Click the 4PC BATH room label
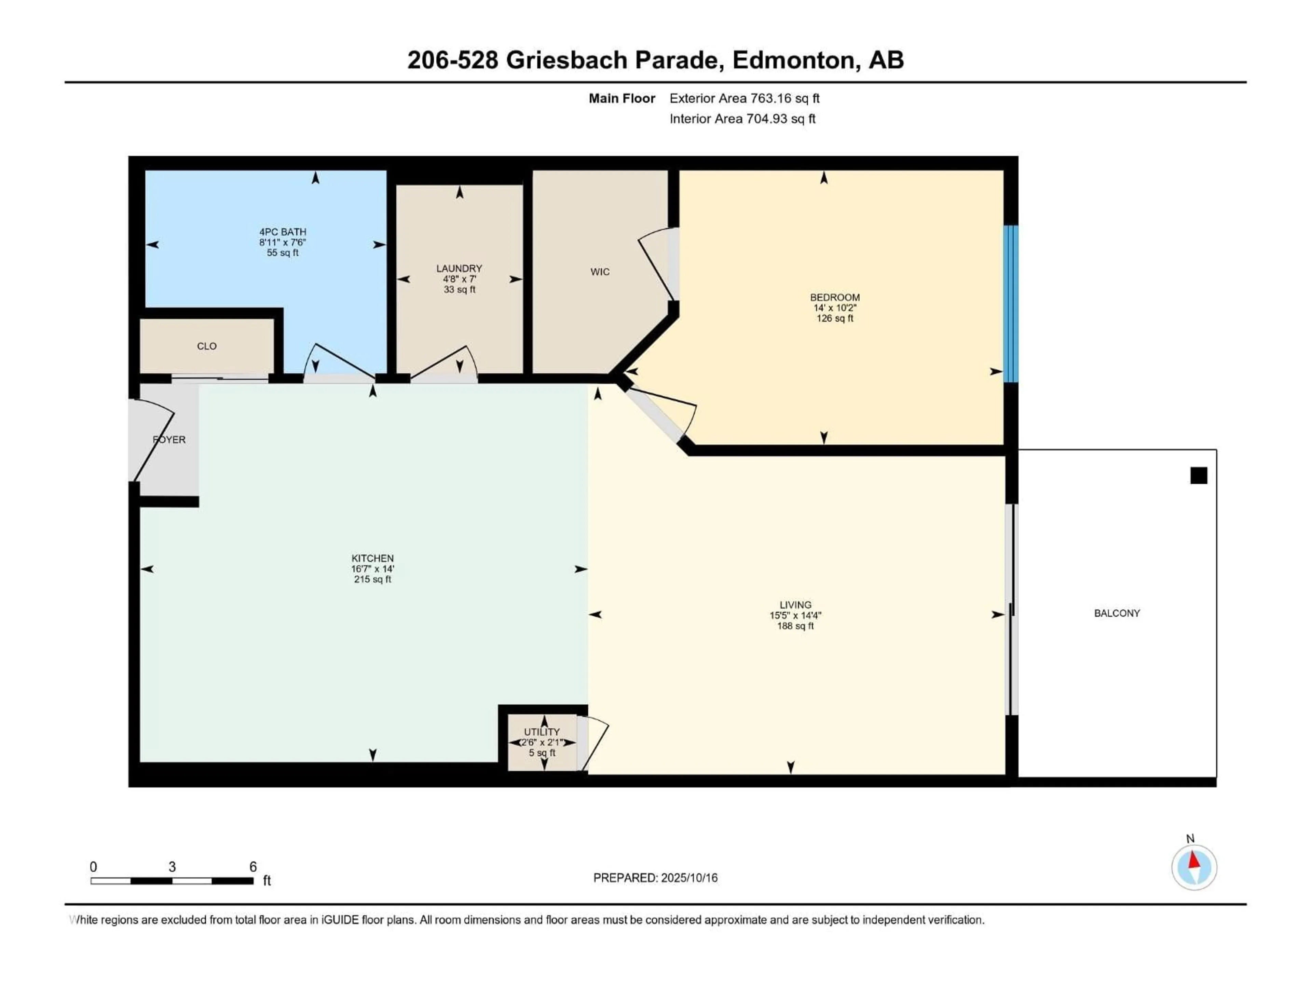coord(282,232)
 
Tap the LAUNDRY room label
coord(459,269)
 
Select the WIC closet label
coord(600,272)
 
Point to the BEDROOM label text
coord(835,297)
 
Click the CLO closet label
coord(206,346)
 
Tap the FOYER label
coord(169,439)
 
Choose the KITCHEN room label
coord(372,558)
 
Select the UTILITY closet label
coord(542,732)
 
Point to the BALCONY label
coord(1117,613)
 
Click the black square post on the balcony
coord(1199,476)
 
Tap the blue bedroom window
coord(1011,304)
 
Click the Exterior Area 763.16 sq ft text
coord(744,98)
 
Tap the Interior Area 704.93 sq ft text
coord(742,119)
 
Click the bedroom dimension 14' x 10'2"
coord(835,308)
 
